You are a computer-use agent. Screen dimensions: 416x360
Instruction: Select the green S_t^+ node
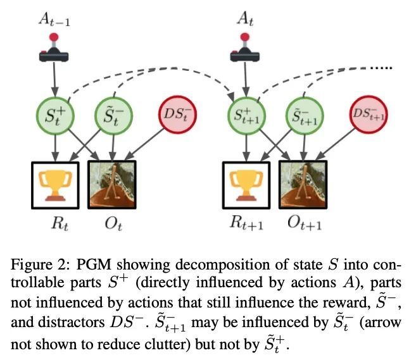click(x=55, y=116)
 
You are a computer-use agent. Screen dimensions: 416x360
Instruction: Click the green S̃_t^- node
click(x=113, y=116)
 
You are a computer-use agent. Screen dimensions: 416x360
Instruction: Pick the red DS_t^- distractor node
click(x=177, y=115)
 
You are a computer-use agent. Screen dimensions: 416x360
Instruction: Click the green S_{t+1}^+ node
click(x=246, y=116)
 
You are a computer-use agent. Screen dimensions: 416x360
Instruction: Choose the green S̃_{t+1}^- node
click(x=305, y=116)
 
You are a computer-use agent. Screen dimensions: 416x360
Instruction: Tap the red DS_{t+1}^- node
click(x=369, y=115)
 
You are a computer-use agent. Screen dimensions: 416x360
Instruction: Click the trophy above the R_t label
click(x=55, y=185)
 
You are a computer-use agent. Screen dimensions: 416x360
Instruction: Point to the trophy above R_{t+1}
click(x=246, y=185)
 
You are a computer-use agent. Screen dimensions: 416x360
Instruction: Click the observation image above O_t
click(x=112, y=185)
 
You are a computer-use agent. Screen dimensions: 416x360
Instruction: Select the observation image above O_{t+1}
click(x=303, y=185)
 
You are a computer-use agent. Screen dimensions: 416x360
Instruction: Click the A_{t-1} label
click(x=54, y=20)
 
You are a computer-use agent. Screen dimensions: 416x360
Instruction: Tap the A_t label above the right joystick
click(x=245, y=20)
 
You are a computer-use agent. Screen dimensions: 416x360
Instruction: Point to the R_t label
click(x=60, y=224)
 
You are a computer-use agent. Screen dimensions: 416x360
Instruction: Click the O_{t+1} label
click(x=305, y=224)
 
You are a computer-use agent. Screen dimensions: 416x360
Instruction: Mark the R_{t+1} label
click(x=246, y=224)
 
